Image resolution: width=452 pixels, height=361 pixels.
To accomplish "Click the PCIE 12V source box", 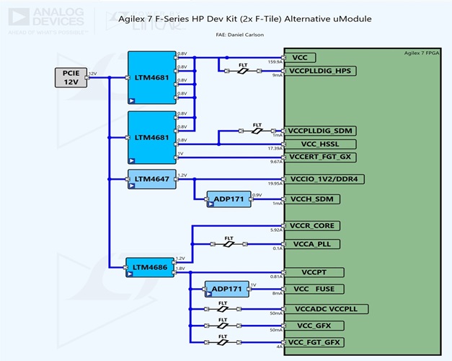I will pyautogui.click(x=71, y=77).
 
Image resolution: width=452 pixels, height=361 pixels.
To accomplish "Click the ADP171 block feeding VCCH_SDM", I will pyautogui.click(x=229, y=199).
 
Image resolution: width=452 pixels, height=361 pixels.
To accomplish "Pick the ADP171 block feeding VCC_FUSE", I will pyautogui.click(x=226, y=289).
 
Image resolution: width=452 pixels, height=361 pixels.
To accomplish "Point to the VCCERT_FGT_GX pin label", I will pyautogui.click(x=320, y=157).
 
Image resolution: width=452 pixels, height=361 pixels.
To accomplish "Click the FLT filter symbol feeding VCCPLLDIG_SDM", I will pyautogui.click(x=257, y=131).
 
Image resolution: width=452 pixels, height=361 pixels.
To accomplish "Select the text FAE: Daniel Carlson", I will pyautogui.click(x=239, y=34).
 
